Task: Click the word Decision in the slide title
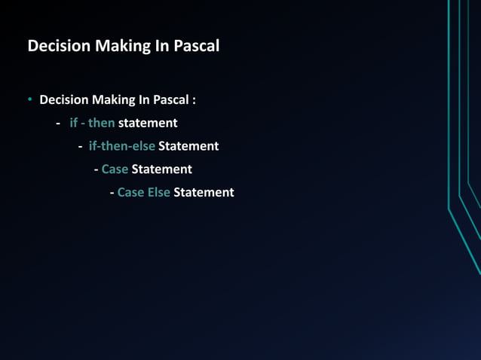click(x=58, y=46)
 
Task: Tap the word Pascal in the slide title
click(x=197, y=46)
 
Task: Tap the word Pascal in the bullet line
click(x=171, y=99)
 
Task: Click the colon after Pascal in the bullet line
click(x=194, y=100)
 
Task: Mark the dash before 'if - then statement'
click(x=58, y=123)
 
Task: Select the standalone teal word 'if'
click(x=73, y=123)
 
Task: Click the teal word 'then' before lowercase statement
click(x=101, y=123)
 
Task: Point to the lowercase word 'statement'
click(x=148, y=123)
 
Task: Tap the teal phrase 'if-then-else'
click(x=121, y=146)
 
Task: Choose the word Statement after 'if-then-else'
click(x=188, y=146)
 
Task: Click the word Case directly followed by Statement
click(x=115, y=169)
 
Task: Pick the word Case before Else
click(x=130, y=193)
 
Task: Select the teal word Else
click(x=158, y=193)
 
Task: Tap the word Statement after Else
click(x=204, y=193)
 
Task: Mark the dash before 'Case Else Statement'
click(x=112, y=193)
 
